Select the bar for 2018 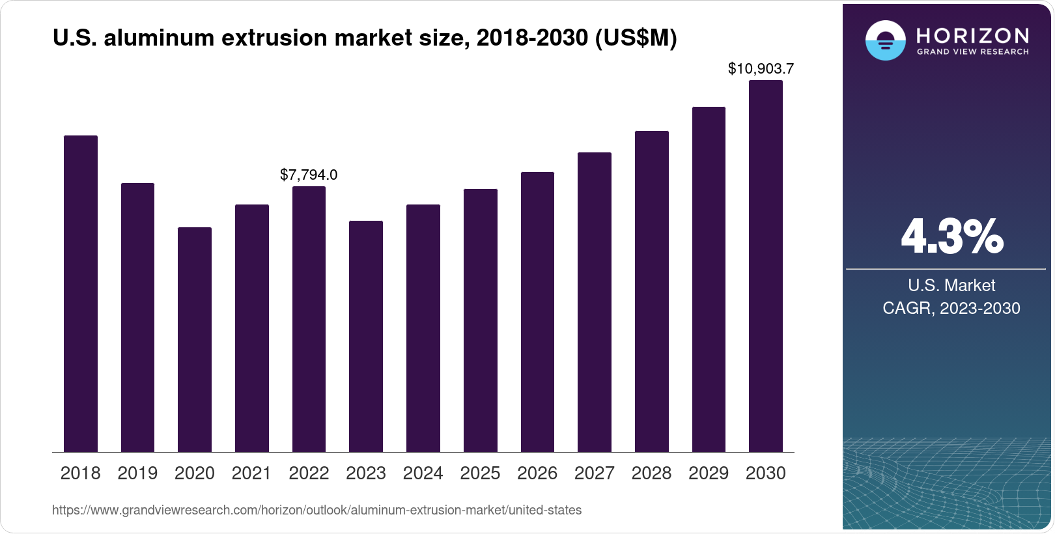click(x=81, y=293)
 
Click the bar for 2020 click(x=195, y=339)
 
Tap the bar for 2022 click(x=309, y=319)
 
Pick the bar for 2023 click(x=366, y=336)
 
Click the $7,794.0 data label click(x=309, y=175)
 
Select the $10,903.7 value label click(x=761, y=68)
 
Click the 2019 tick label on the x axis click(x=137, y=473)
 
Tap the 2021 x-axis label click(x=251, y=473)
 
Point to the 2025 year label click(x=480, y=473)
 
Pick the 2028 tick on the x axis click(x=651, y=473)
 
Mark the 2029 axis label click(x=709, y=473)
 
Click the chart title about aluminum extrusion click(x=365, y=38)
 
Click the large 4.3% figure click(x=951, y=237)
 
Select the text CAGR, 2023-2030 click(x=951, y=308)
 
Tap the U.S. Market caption click(x=951, y=285)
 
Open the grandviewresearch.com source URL click(x=316, y=510)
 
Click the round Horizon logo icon click(x=885, y=40)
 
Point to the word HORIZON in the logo click(x=972, y=35)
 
